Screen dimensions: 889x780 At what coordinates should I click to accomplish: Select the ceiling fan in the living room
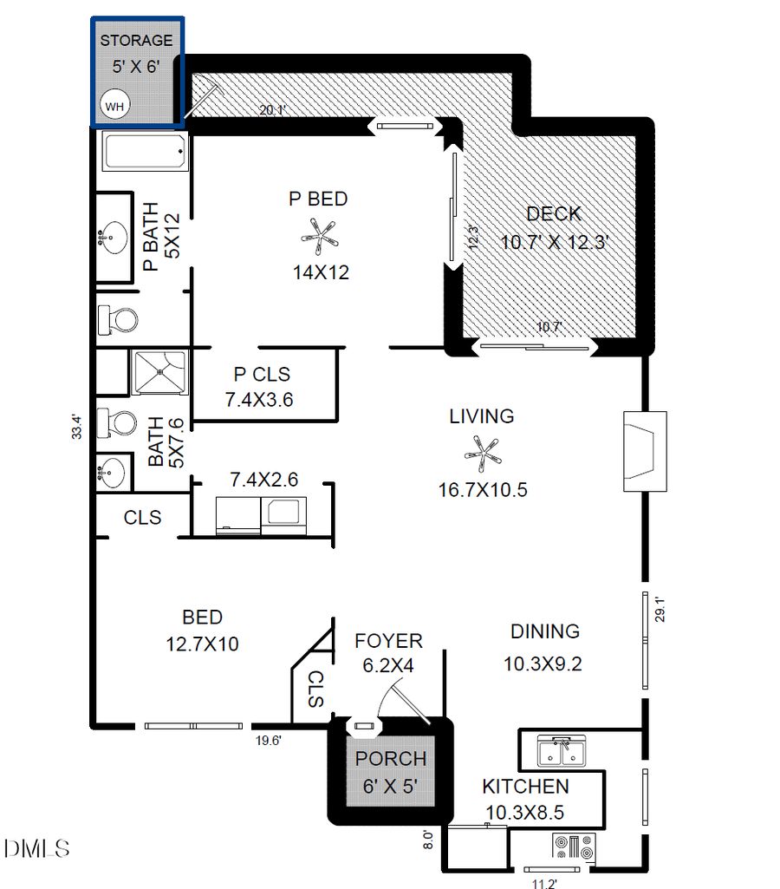[483, 450]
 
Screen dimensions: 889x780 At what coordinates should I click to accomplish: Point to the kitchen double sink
[562, 750]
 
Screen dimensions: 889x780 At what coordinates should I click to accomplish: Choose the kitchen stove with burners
[574, 847]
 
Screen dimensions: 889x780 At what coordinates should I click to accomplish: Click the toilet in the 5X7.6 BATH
[118, 424]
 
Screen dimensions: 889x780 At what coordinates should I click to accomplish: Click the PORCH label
[391, 759]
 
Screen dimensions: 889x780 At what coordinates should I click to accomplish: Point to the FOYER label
[388, 641]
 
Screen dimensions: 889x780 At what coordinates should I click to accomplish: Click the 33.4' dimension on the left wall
[76, 427]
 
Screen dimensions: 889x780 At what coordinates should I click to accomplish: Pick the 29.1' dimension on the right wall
[660, 611]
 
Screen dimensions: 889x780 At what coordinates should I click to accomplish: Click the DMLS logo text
[36, 848]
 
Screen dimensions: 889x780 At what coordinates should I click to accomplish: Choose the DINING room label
[544, 631]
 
